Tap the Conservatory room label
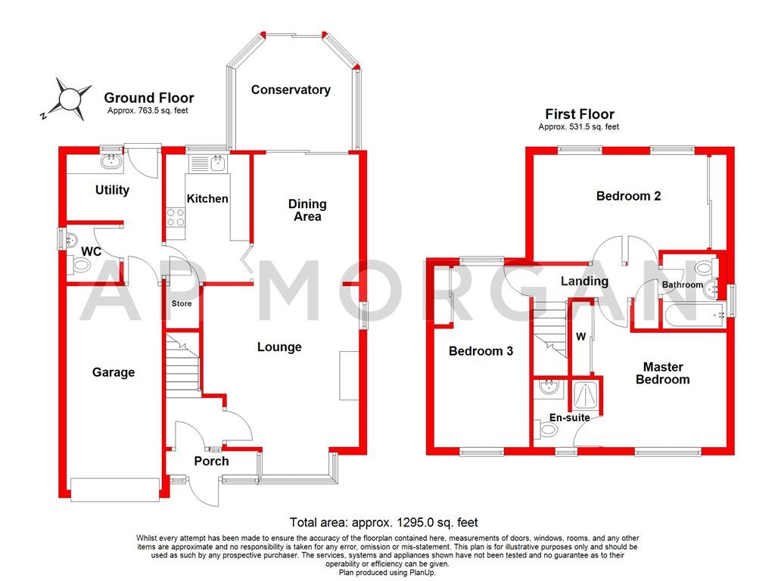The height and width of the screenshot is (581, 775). tap(291, 90)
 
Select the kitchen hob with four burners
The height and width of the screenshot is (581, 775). tap(176, 218)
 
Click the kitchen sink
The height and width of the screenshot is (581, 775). tap(217, 162)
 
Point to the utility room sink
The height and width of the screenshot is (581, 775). tap(111, 160)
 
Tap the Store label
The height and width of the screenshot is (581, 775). tap(182, 303)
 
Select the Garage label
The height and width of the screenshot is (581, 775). tap(114, 372)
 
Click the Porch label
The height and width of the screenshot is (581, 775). tap(211, 461)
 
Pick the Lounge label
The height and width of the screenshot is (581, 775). tap(279, 347)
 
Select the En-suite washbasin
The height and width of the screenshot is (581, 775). tap(548, 389)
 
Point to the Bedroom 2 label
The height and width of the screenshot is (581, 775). tap(628, 196)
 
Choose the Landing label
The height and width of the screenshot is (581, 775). tap(584, 281)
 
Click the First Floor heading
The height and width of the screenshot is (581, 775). tap(579, 114)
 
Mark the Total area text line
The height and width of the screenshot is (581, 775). tap(384, 522)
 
